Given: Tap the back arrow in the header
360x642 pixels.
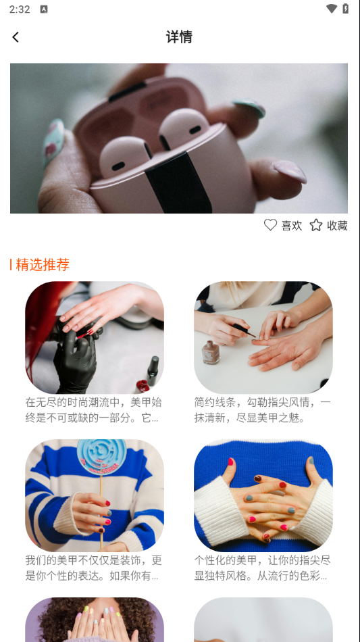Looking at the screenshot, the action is tap(16, 37).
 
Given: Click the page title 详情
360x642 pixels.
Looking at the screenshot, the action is tap(179, 37).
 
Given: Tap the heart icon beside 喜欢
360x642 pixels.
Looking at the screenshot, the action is tap(270, 225).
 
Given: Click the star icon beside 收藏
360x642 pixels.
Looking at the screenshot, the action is tap(316, 225).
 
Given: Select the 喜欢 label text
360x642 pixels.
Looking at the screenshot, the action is tap(292, 225).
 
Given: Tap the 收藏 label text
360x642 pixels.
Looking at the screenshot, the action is tap(337, 225).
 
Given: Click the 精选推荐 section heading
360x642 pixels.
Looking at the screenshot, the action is tap(43, 264).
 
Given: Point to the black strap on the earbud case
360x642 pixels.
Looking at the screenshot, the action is tap(179, 182).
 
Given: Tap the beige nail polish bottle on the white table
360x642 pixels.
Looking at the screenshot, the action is tap(210, 351).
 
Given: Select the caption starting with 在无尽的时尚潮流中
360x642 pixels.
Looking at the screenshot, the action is tap(94, 410).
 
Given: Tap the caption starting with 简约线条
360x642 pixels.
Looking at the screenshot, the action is tap(262, 410).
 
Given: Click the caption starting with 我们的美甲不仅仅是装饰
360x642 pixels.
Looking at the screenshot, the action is tap(94, 568).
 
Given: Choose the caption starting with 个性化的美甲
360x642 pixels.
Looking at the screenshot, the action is tap(262, 568).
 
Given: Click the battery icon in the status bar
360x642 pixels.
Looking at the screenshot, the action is tap(346, 9).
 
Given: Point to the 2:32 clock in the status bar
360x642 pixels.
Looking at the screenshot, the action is tap(20, 9).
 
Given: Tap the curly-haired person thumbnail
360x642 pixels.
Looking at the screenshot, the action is tap(95, 620).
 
